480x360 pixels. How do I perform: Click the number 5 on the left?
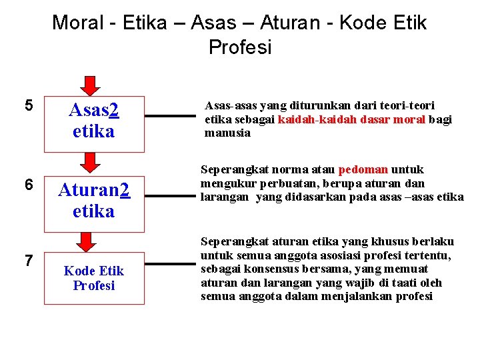click(28, 105)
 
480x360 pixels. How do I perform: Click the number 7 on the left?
click(28, 260)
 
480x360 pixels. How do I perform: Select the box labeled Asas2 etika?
click(94, 119)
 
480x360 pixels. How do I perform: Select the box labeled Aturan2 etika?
click(94, 201)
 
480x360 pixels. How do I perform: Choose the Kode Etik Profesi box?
click(94, 278)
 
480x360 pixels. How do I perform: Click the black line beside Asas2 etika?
click(171, 115)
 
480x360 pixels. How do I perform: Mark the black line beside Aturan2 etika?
click(171, 196)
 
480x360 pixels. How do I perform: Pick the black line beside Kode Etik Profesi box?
click(171, 264)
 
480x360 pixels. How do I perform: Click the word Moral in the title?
click(79, 23)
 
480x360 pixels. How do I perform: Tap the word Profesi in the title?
click(240, 48)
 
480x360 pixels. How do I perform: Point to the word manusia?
click(227, 133)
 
